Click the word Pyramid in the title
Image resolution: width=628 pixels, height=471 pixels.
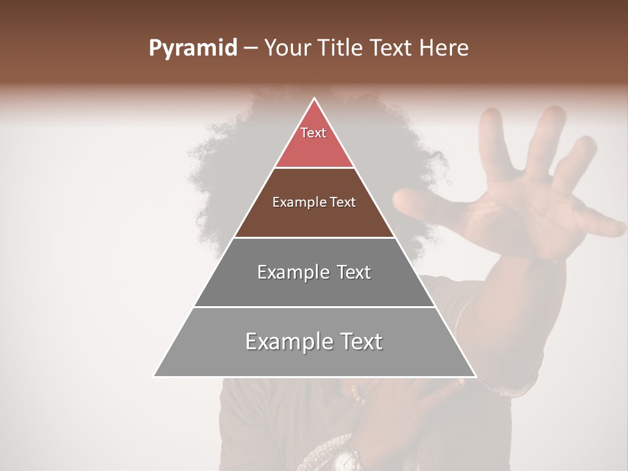point(192,48)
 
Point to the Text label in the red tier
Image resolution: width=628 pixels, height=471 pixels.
point(313,133)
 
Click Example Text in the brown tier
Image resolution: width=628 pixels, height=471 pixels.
point(314,202)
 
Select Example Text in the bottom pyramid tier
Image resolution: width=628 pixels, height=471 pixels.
point(314,341)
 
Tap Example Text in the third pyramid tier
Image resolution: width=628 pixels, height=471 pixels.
point(314,272)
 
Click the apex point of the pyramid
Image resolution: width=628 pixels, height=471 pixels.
point(315,98)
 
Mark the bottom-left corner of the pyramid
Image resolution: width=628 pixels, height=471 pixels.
point(154,376)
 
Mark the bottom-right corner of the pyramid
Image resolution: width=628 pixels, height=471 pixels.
point(476,376)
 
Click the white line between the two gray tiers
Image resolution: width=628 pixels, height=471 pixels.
point(314,307)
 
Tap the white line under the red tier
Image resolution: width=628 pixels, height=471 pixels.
point(314,167)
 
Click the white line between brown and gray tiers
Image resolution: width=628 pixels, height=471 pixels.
point(314,237)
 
